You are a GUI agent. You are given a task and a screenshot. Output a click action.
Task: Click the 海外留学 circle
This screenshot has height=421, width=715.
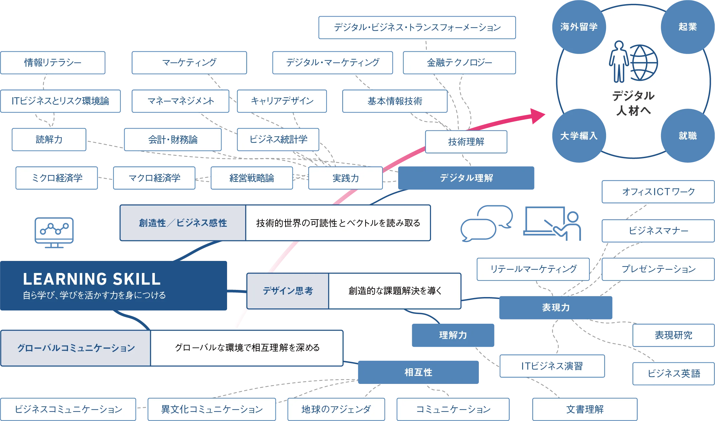click(579, 27)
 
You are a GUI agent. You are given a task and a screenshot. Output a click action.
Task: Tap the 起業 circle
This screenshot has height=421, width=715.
click(687, 27)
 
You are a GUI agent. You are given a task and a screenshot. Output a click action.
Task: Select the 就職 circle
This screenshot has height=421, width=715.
click(687, 136)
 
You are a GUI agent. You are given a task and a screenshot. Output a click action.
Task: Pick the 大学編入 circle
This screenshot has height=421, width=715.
click(579, 136)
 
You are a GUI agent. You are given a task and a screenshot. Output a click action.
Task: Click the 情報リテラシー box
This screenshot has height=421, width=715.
click(53, 62)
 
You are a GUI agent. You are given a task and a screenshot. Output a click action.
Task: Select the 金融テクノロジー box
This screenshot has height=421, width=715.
click(459, 62)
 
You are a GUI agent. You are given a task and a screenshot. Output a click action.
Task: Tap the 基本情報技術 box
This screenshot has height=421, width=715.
click(395, 101)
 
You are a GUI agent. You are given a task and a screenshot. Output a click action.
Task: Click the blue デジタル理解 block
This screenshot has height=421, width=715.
click(466, 178)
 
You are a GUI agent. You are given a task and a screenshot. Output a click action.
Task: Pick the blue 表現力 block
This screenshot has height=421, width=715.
click(556, 307)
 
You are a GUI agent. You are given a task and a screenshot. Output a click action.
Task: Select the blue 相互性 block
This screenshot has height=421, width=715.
click(418, 372)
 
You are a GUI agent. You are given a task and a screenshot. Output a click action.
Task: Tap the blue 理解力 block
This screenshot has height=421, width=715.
click(452, 335)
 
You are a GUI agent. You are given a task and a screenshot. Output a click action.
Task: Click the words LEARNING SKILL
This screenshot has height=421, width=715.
click(92, 279)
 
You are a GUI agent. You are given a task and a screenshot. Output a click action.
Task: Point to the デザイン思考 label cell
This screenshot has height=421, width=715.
click(288, 291)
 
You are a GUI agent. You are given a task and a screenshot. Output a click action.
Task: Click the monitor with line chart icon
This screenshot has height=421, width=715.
click(54, 232)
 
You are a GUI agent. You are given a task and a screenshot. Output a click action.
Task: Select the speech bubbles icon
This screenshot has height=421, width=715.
click(486, 223)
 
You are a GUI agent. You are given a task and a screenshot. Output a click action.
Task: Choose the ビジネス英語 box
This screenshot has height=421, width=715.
click(673, 373)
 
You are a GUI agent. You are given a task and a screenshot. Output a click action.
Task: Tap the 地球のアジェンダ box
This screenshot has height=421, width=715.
click(336, 409)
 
